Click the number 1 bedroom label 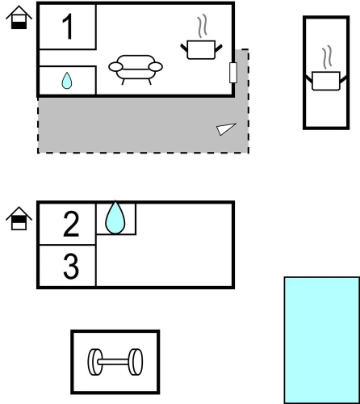[x=68, y=27]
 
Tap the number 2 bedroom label [x=71, y=224]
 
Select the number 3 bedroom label [x=71, y=266]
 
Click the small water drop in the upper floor [x=67, y=81]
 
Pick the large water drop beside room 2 [x=115, y=217]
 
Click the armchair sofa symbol [x=136, y=69]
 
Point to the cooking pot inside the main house [x=201, y=49]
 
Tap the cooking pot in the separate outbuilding [x=326, y=81]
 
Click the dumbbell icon [x=115, y=362]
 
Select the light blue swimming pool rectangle [x=322, y=340]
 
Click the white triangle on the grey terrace [x=225, y=128]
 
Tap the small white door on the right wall [x=233, y=73]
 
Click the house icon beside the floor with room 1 [x=19, y=17]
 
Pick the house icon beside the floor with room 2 [x=19, y=218]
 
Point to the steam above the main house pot [x=202, y=26]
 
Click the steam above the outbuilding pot [x=327, y=57]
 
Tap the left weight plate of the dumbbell [x=95, y=362]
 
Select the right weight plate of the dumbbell [x=136, y=362]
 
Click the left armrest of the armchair [x=115, y=67]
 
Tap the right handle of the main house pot [x=219, y=48]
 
